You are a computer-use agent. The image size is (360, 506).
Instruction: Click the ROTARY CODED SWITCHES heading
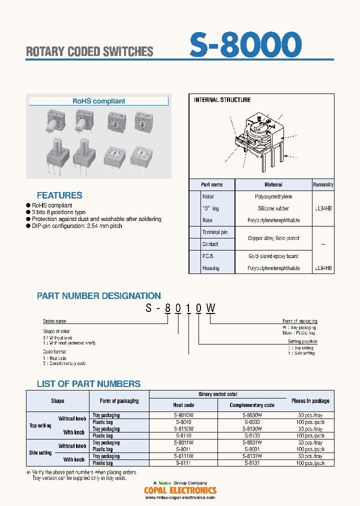(x=89, y=51)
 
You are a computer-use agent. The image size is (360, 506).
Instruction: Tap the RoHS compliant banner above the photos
(x=99, y=101)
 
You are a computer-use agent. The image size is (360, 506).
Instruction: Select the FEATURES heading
(x=59, y=195)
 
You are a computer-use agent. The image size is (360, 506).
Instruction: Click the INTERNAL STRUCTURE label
(x=222, y=100)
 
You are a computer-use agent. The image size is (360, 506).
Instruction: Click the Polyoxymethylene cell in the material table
(x=273, y=196)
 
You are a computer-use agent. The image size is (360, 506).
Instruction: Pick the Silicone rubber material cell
(x=273, y=208)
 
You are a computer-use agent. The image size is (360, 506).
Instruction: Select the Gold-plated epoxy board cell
(x=273, y=256)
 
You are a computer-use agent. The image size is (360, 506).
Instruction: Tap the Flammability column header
(x=323, y=184)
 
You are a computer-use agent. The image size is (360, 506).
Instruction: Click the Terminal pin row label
(x=214, y=232)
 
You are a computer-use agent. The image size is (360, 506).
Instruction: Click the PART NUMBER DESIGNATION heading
(x=99, y=296)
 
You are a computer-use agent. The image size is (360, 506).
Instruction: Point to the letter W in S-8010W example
(x=211, y=308)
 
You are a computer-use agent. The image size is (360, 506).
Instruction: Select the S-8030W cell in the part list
(x=252, y=415)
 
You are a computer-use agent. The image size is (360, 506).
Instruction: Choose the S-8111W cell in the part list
(x=184, y=456)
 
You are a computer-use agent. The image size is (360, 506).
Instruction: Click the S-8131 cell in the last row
(x=252, y=463)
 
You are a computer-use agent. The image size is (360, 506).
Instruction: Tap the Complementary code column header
(x=252, y=405)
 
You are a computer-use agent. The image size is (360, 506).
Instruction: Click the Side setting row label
(x=40, y=453)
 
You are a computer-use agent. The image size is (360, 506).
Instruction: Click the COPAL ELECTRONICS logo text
(x=180, y=490)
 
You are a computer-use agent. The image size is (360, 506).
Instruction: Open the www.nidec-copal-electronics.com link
(x=180, y=497)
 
